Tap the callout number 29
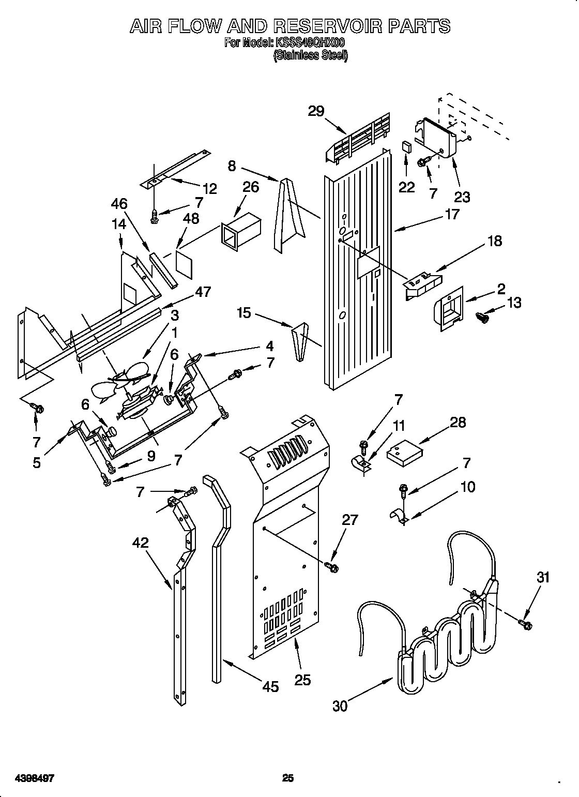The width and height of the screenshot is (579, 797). pyautogui.click(x=316, y=111)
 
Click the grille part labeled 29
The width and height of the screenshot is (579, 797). pyautogui.click(x=358, y=137)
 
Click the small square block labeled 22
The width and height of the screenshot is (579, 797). pyautogui.click(x=407, y=146)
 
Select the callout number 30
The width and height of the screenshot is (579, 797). pyautogui.click(x=340, y=706)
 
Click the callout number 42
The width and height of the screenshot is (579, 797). pyautogui.click(x=140, y=543)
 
